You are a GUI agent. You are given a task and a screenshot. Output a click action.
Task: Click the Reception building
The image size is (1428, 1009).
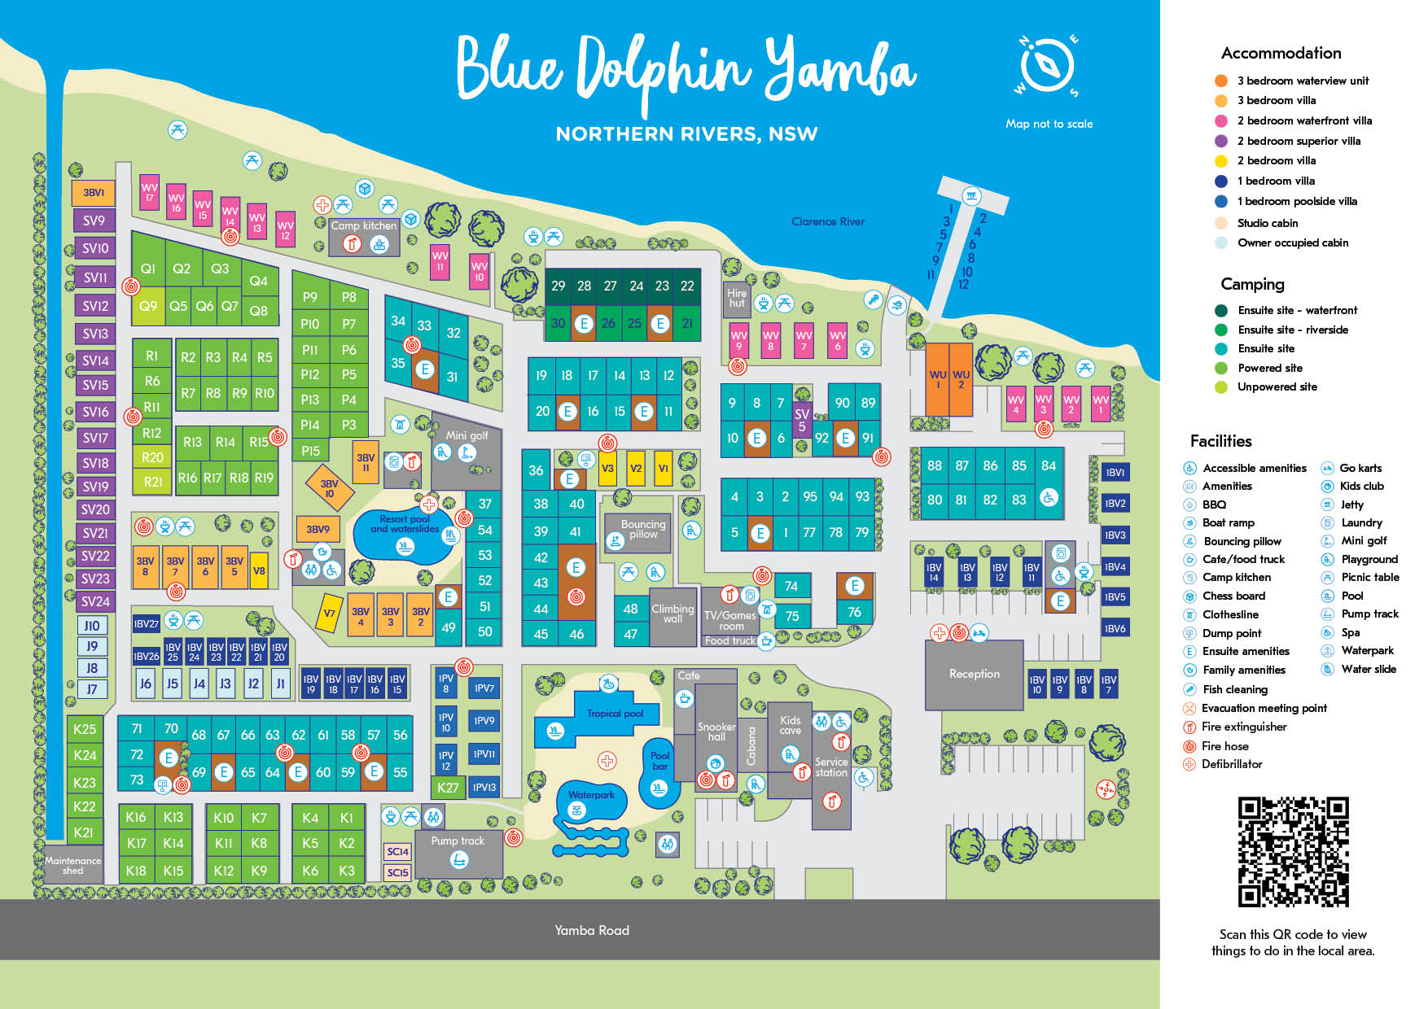click(x=974, y=674)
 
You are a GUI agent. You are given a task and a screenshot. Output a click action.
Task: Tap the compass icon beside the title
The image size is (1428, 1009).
click(x=1048, y=66)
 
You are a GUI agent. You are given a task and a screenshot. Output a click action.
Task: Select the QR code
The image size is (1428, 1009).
click(x=1293, y=851)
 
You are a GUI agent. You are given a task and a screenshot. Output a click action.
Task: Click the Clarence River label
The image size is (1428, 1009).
click(x=827, y=221)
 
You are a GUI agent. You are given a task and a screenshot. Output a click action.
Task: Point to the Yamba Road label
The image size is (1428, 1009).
click(x=592, y=930)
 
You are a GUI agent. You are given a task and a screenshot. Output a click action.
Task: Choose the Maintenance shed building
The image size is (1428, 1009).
click(x=72, y=865)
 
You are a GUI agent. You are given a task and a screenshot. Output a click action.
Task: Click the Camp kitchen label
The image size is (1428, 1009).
click(x=363, y=225)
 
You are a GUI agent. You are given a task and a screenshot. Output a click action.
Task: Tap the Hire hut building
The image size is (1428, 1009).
click(x=737, y=299)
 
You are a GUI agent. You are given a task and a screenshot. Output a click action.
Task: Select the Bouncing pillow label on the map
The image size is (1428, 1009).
click(x=642, y=529)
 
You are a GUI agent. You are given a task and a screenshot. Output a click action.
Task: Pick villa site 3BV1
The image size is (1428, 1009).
click(x=94, y=193)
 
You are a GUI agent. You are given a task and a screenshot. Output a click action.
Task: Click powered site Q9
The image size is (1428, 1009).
click(x=148, y=307)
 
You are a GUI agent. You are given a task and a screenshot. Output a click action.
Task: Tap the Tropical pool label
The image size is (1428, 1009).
click(x=615, y=714)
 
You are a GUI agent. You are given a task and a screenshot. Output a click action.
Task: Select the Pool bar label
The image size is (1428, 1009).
click(x=659, y=761)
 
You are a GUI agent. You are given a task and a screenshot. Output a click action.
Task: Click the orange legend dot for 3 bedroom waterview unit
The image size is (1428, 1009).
click(x=1221, y=81)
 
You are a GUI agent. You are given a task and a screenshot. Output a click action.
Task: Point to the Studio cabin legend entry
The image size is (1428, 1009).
click(x=1267, y=223)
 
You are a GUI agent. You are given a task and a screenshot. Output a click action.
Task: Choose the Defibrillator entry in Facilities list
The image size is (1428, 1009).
click(x=1231, y=764)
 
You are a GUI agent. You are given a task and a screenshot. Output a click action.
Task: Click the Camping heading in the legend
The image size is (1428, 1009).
click(x=1252, y=284)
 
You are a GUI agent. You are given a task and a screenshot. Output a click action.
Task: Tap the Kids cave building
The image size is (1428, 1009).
click(x=790, y=725)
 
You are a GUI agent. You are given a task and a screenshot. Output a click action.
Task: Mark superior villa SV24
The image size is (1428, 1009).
click(x=95, y=602)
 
